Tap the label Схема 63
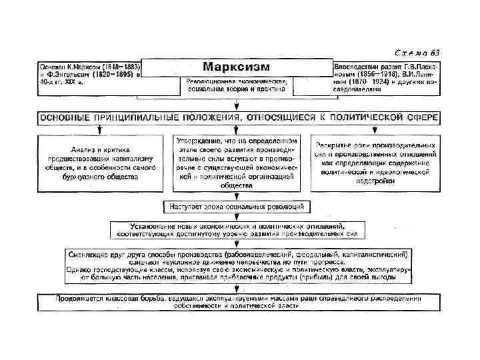pyautogui.click(x=416, y=53)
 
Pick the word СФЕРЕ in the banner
pyautogui.click(x=421, y=117)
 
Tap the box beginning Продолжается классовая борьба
pyautogui.click(x=238, y=302)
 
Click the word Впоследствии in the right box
pyautogui.click(x=363, y=67)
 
